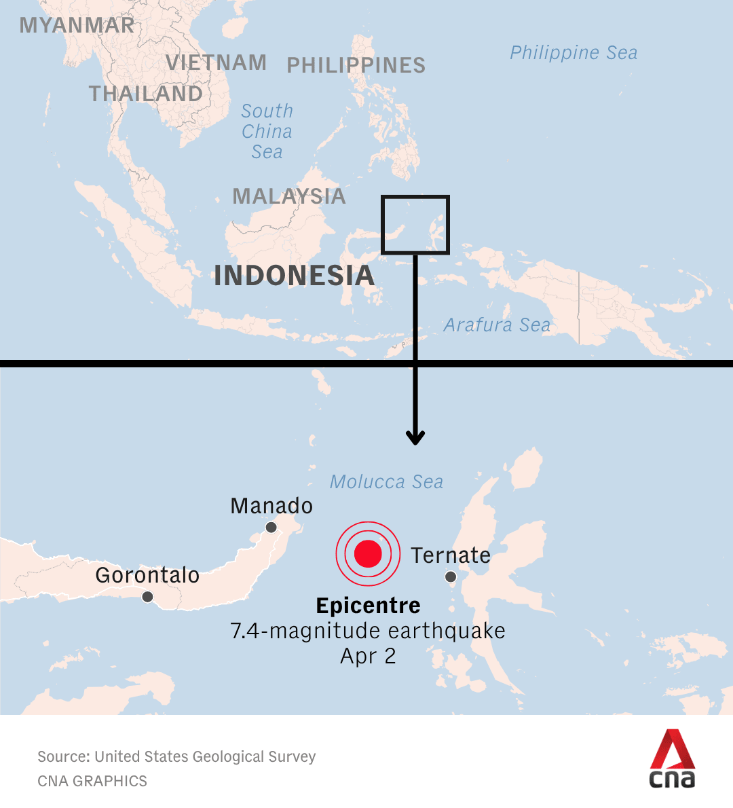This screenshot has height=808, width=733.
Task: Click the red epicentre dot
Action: click(x=368, y=553)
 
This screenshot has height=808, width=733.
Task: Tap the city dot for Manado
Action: click(x=271, y=528)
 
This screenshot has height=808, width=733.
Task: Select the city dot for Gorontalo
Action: click(x=147, y=597)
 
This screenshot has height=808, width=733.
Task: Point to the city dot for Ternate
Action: click(x=451, y=577)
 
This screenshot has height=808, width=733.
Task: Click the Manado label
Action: click(x=271, y=506)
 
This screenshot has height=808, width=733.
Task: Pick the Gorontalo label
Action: click(x=147, y=575)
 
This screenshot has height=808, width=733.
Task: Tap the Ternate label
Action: click(x=451, y=555)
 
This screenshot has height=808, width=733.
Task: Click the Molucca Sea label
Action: click(x=386, y=482)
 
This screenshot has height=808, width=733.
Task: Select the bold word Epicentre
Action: click(x=368, y=605)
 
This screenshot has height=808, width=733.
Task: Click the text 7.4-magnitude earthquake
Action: click(x=368, y=631)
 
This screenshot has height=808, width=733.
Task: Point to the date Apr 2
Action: click(x=368, y=656)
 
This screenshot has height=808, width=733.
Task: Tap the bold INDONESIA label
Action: click(x=294, y=276)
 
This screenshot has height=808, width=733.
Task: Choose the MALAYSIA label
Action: click(x=289, y=196)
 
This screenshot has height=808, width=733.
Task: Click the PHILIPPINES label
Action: click(x=356, y=65)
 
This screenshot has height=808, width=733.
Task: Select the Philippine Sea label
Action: click(x=574, y=52)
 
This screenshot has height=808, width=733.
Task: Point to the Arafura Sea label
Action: click(x=497, y=325)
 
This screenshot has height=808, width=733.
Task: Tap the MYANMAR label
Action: click(x=77, y=25)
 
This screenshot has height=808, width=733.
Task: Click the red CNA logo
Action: click(x=673, y=758)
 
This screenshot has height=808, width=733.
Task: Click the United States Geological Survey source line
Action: click(x=176, y=756)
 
